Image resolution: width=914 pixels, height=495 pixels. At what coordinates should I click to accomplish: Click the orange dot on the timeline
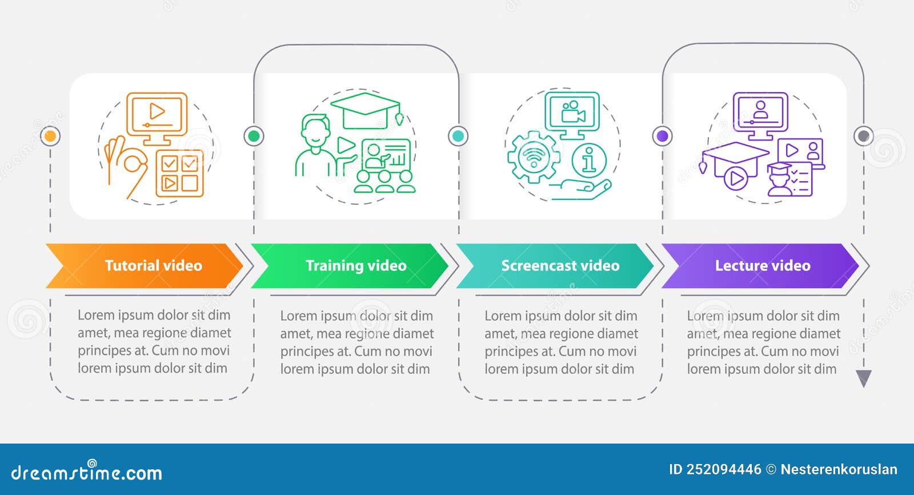tap(50, 136)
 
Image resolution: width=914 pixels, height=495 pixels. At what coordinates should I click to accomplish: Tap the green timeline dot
tap(254, 136)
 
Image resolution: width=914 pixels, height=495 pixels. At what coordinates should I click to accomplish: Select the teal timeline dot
tap(458, 136)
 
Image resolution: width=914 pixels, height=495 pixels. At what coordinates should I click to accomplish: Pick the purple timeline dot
tap(662, 136)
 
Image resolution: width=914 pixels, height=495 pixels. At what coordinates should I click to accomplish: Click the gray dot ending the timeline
tap(864, 136)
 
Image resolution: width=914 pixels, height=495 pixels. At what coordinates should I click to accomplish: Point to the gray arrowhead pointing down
tap(864, 378)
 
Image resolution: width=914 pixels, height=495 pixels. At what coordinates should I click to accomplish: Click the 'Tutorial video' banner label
tap(153, 266)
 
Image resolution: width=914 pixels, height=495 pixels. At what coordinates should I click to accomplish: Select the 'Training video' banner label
tap(356, 266)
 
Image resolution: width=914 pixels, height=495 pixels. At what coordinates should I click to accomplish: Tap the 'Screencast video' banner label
tap(560, 266)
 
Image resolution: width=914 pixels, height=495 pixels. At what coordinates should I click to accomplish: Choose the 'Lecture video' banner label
tap(763, 266)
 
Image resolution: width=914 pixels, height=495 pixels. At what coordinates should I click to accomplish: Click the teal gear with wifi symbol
tap(534, 157)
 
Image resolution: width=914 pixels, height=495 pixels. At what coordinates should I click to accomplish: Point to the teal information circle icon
tap(589, 160)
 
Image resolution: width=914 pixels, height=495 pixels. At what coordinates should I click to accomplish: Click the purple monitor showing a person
tap(760, 114)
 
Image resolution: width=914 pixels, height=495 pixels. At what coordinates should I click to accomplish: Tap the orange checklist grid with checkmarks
tap(179, 173)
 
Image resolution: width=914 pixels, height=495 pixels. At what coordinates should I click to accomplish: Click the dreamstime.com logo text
tap(87, 473)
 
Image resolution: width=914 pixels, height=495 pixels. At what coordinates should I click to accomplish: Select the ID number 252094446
tap(723, 470)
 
